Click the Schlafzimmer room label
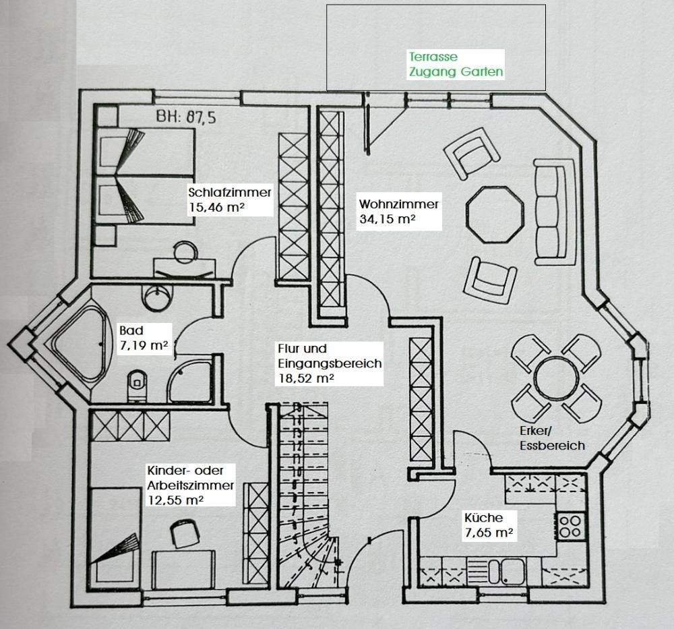pos(230,191)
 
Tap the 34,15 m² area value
pos(388,219)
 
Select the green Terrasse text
pos(433,57)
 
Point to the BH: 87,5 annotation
pos(186,117)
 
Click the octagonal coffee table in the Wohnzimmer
pos(495,214)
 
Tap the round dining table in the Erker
pos(556,379)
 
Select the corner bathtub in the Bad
pos(80,345)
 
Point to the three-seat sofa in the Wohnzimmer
pos(555,212)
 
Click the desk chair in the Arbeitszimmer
pos(185,533)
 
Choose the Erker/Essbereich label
pos(552,438)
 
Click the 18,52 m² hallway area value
pos(306,378)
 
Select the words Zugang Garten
pos(456,71)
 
